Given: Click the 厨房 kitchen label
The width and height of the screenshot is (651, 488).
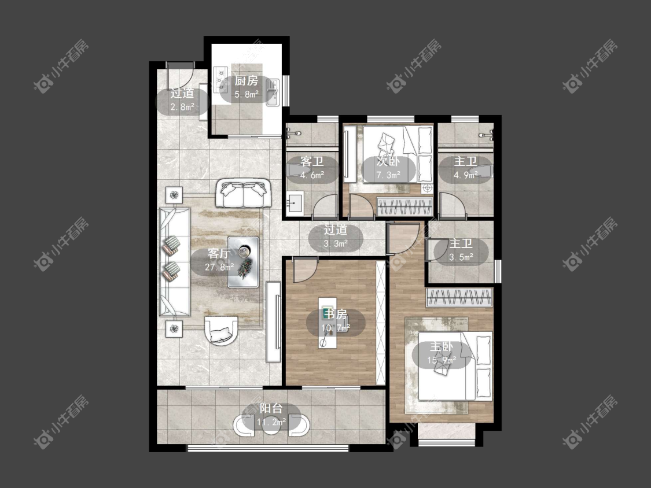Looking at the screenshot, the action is pyautogui.click(x=246, y=80).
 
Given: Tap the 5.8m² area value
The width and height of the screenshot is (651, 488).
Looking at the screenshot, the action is pyautogui.click(x=247, y=94).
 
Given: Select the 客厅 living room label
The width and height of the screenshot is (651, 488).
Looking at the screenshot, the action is pyautogui.click(x=219, y=254).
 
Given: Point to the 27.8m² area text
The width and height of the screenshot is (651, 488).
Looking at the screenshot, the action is pyautogui.click(x=219, y=267).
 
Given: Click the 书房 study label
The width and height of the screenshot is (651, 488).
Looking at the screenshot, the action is pyautogui.click(x=336, y=314).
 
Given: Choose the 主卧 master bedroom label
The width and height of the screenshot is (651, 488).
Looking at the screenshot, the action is pyautogui.click(x=442, y=346).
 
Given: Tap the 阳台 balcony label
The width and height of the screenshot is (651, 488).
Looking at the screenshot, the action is pyautogui.click(x=271, y=408).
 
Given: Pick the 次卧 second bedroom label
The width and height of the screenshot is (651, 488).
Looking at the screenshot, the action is pyautogui.click(x=388, y=161).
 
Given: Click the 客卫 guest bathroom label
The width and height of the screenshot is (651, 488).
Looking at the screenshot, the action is pyautogui.click(x=312, y=161).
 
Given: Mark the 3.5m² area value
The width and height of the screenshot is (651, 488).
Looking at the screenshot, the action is pyautogui.click(x=461, y=257).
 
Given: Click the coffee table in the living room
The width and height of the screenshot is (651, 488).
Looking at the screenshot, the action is pyautogui.click(x=243, y=262).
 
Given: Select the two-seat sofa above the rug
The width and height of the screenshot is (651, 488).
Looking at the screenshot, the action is pyautogui.click(x=243, y=193).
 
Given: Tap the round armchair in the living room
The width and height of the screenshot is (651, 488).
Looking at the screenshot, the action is pyautogui.click(x=220, y=331).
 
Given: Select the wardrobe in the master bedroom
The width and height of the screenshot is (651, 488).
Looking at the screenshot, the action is pyautogui.click(x=459, y=297).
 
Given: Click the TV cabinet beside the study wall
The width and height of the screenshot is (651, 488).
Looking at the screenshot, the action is pyautogui.click(x=274, y=321).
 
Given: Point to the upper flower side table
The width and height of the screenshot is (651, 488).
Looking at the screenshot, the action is pyautogui.click(x=175, y=194).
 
